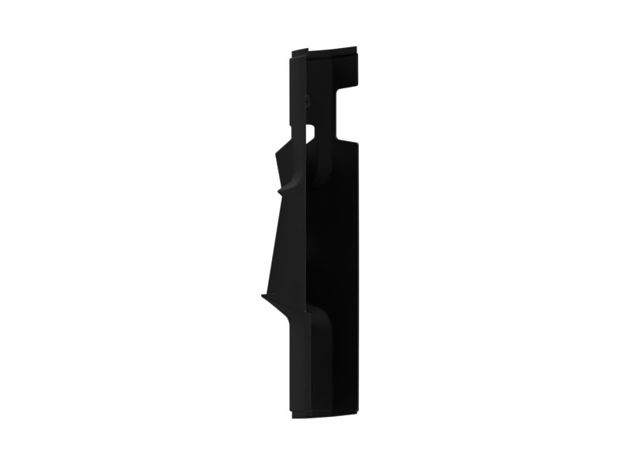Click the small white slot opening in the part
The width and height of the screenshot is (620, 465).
point(311,132)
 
